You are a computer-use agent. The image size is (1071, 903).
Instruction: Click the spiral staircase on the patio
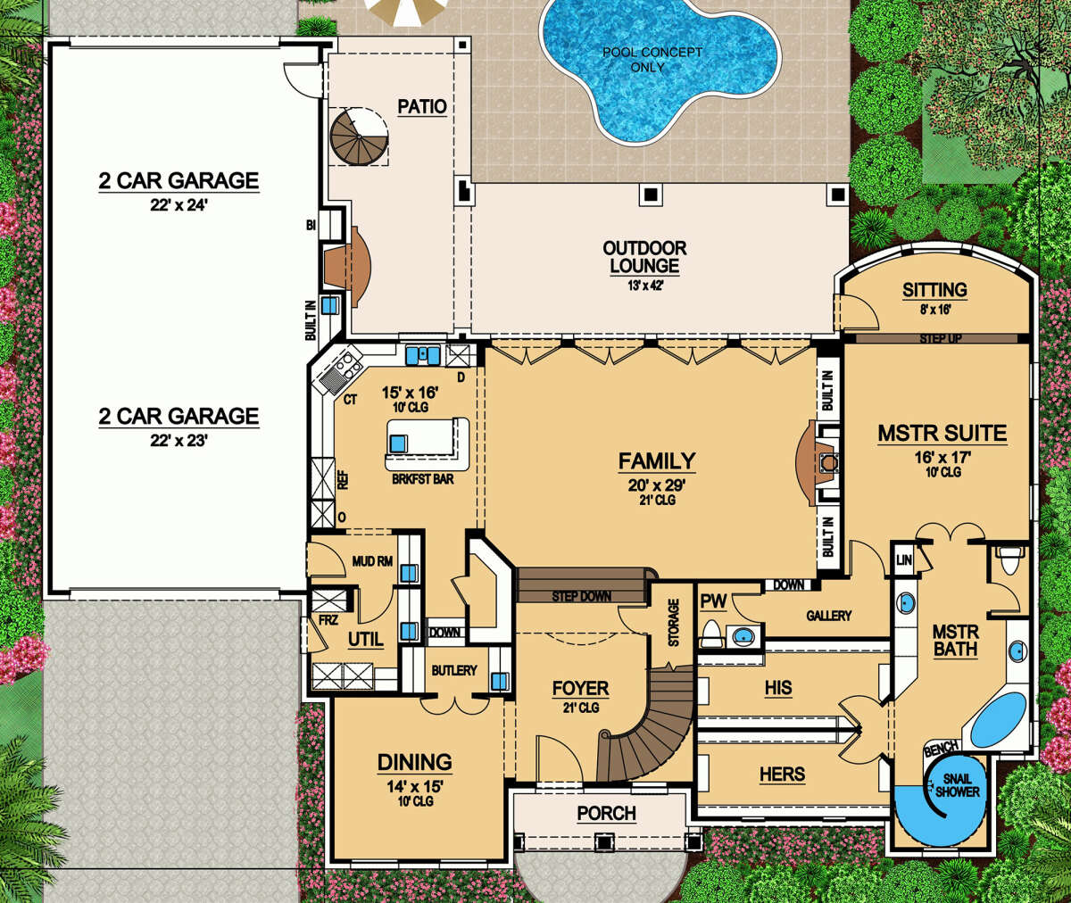tap(359, 137)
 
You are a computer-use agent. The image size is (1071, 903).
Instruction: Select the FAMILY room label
tap(657, 461)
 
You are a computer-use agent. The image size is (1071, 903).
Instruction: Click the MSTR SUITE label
tap(942, 434)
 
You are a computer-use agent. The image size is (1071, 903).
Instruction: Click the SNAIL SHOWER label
tap(957, 785)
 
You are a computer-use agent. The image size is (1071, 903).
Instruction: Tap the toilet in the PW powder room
tap(711, 634)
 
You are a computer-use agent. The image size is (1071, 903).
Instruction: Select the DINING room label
tap(414, 763)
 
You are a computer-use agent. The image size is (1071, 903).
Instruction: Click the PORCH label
tap(606, 813)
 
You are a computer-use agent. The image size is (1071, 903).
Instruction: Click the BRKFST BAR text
tap(423, 479)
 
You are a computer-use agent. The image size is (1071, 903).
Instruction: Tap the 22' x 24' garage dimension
tap(178, 205)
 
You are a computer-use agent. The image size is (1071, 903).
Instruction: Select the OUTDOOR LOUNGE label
tap(644, 257)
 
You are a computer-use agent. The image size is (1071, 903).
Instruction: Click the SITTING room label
tap(934, 290)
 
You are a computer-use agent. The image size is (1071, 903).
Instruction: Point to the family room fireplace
tap(817, 464)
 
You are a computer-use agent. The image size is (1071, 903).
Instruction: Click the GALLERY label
tap(829, 616)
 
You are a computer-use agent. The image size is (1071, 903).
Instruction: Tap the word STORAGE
tap(674, 623)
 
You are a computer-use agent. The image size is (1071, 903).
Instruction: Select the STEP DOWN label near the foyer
tap(581, 596)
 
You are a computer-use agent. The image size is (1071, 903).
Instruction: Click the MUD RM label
tap(372, 561)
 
